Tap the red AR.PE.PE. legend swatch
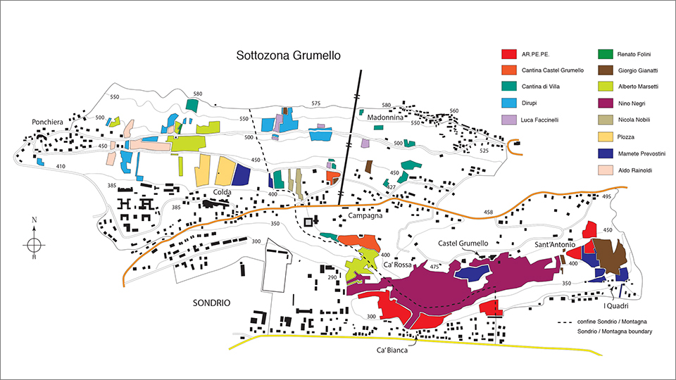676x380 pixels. (x=508, y=54)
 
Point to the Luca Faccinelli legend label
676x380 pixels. (x=540, y=120)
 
